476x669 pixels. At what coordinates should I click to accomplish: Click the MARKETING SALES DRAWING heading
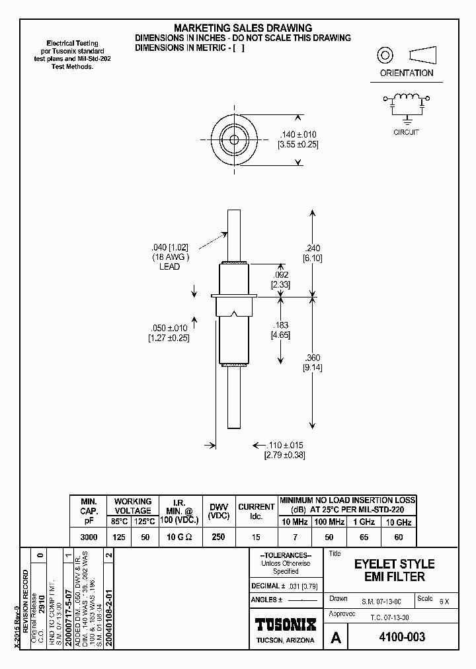[243, 28]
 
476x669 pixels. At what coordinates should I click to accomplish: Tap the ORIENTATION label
[407, 73]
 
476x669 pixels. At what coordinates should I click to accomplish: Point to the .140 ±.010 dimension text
[299, 134]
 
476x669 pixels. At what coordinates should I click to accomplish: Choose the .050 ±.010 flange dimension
[168, 329]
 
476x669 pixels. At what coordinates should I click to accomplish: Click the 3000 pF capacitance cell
[89, 537]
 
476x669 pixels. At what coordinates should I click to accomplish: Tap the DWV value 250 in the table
[218, 537]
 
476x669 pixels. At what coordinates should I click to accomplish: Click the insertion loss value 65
[364, 537]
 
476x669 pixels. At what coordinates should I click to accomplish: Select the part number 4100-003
[400, 637]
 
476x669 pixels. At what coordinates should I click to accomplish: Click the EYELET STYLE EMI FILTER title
[394, 571]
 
